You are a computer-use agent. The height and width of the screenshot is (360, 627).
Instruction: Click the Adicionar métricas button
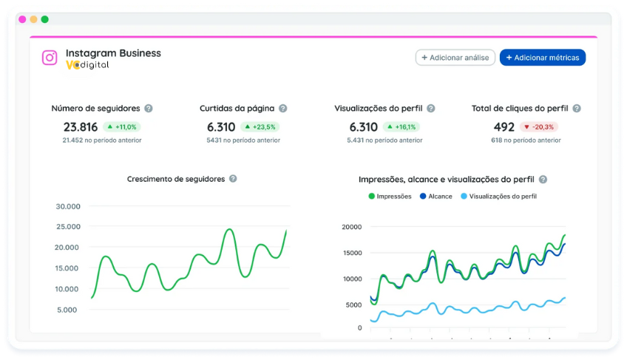click(543, 58)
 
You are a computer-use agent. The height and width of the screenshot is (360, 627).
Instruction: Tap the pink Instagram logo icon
click(50, 58)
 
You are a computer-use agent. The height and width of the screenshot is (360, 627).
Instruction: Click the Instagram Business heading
click(113, 53)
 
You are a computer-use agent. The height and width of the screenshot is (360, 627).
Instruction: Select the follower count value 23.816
click(81, 126)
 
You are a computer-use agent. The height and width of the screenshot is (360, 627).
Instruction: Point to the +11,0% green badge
click(121, 126)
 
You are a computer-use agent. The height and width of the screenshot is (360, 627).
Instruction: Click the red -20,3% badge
click(538, 126)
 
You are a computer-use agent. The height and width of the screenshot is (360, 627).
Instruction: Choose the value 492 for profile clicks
click(504, 126)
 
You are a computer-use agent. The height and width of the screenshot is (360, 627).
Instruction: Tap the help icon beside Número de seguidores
click(149, 109)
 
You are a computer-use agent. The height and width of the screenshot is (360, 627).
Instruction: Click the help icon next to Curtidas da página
click(282, 109)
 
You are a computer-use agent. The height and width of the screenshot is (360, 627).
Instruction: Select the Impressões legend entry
click(390, 197)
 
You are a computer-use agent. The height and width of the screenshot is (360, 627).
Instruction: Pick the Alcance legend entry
click(435, 197)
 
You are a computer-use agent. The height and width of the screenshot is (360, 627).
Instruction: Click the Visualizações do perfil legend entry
click(498, 197)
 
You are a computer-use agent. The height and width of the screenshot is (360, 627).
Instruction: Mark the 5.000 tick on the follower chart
click(67, 310)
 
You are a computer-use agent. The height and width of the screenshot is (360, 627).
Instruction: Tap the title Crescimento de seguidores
click(176, 179)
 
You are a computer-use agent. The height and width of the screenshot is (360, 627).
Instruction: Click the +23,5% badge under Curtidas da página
click(260, 126)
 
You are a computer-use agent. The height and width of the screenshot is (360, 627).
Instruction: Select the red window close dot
click(22, 19)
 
